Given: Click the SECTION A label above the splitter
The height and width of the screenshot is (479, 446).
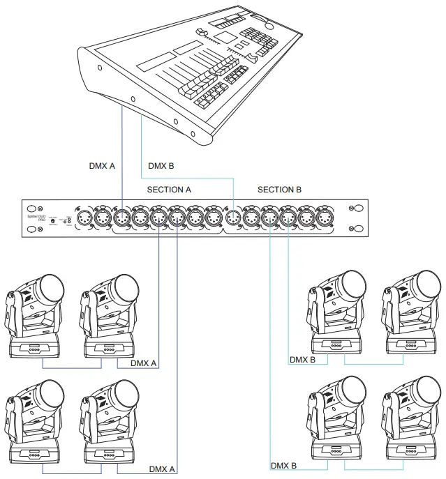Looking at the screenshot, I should tap(169, 190).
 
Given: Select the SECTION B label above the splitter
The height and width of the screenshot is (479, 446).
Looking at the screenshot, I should tap(279, 190).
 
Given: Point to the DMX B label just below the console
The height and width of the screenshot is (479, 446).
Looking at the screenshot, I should tap(162, 167).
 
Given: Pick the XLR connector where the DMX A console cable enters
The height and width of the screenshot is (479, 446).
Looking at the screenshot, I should tap(123, 218).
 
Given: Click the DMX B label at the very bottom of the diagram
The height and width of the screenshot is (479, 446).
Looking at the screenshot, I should tap(284, 466).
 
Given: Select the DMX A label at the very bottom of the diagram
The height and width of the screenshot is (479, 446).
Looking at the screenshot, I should tap(163, 469).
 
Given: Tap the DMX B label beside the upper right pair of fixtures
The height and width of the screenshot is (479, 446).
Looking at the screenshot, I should tap(303, 360).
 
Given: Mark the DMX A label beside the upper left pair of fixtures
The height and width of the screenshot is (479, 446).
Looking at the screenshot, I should tap(144, 363).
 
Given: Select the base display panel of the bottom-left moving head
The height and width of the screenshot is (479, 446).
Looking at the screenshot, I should tap(31, 454).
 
